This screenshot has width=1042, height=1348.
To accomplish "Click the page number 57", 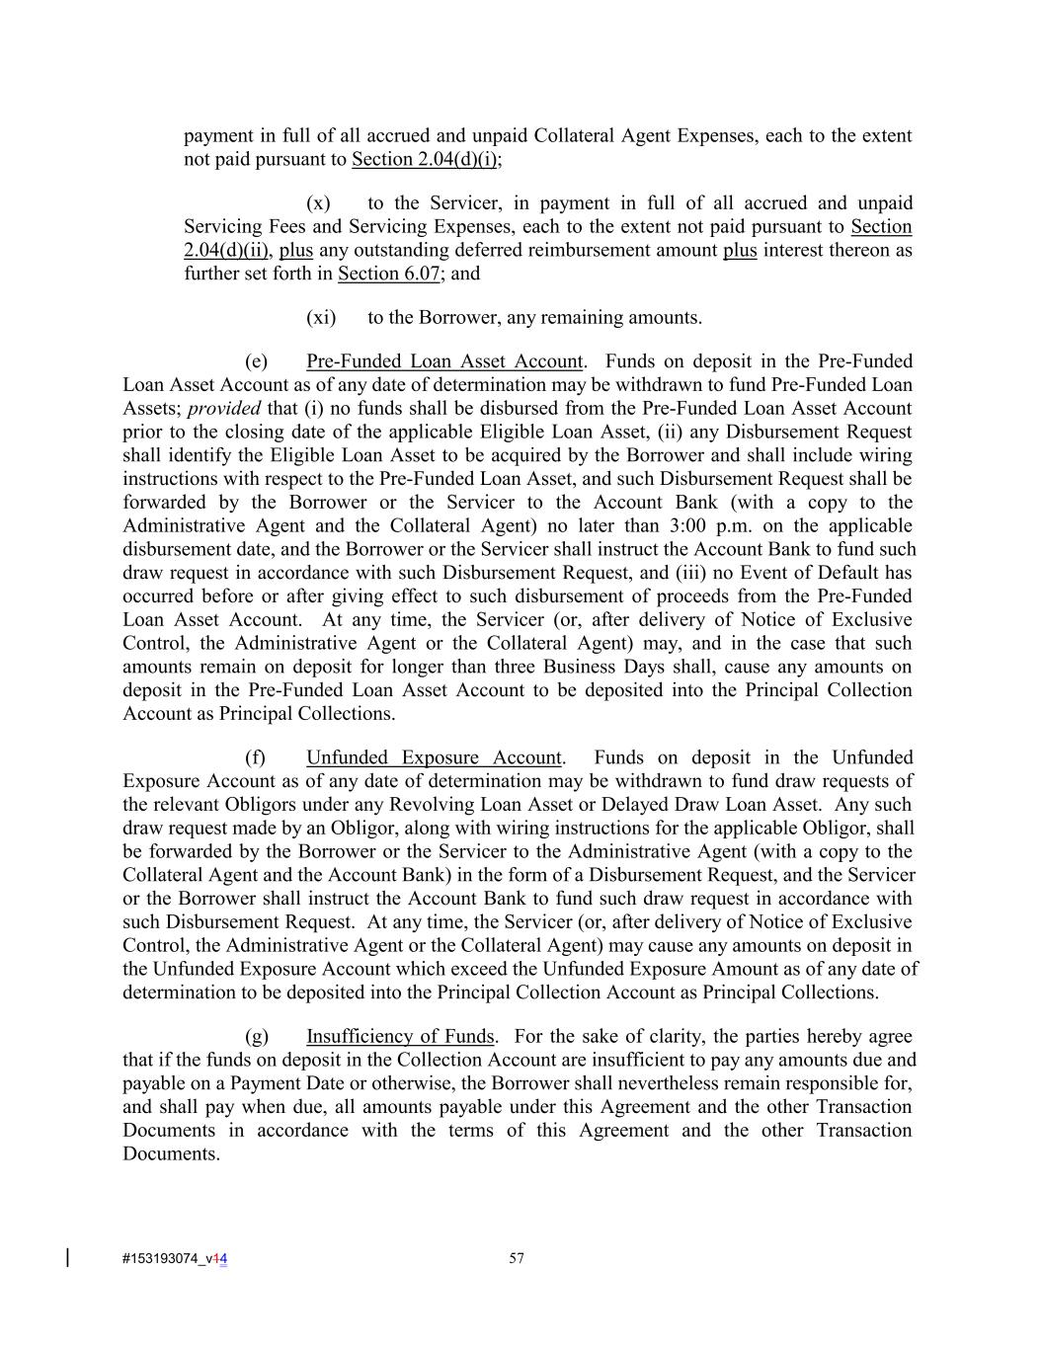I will coord(517,1258).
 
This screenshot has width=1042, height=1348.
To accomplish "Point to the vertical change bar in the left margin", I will coord(67,1257).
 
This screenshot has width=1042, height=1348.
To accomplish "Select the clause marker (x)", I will coord(318,203).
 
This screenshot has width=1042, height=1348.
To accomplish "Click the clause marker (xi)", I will coord(321,318).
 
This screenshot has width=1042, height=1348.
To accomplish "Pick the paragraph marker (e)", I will coord(256,361).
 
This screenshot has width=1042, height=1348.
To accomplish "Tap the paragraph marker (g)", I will coord(257,1037).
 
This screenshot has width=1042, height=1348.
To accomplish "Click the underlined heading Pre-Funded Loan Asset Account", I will coord(444,361).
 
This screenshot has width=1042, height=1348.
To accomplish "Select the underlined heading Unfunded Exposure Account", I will coord(434,758).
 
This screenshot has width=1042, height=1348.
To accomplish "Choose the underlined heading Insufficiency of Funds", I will coord(400,1037).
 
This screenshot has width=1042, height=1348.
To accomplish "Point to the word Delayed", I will coord(664,805).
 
